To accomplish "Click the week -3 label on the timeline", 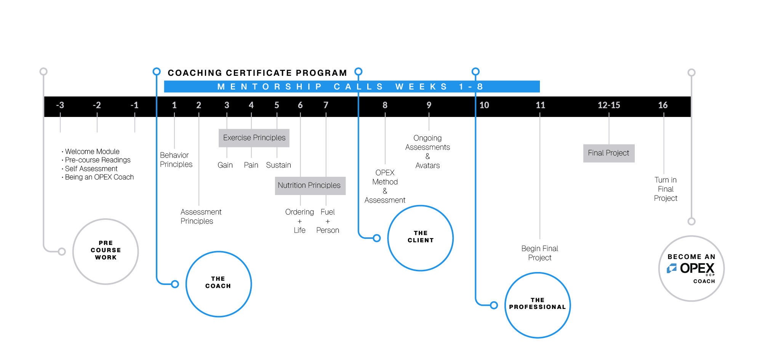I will click(60, 105).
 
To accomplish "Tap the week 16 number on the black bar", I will click(663, 105).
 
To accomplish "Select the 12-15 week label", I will click(608, 105).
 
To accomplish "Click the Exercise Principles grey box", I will click(254, 138).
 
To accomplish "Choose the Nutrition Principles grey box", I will click(309, 186).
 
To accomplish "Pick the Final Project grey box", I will click(608, 153).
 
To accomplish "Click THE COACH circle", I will click(218, 284).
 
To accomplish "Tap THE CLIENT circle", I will click(420, 238).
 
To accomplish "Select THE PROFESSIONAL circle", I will click(537, 305).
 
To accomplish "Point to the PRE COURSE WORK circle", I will click(106, 251).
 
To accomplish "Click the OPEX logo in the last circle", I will click(691, 268).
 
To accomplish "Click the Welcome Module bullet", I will click(92, 152).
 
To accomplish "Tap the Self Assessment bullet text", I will click(91, 169).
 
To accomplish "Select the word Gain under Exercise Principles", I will click(225, 165).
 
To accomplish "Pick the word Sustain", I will click(279, 165).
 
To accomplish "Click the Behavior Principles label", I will click(176, 160).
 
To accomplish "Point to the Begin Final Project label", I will click(539, 253).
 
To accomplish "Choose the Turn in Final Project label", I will click(666, 189).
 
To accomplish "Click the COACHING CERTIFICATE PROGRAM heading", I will click(257, 73).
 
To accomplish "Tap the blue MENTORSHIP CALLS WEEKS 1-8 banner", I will click(351, 86).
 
